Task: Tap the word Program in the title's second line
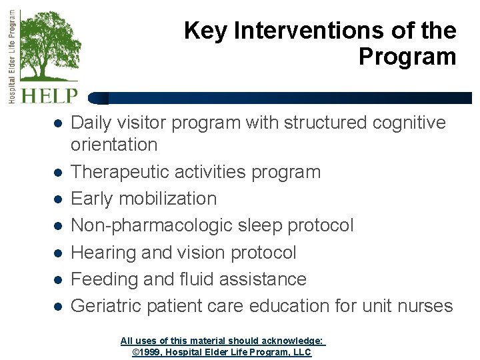pos(407,57)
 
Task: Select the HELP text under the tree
pos(49,96)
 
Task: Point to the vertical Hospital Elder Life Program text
pos(11,56)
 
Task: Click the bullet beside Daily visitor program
pos(58,124)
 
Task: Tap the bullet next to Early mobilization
pos(58,199)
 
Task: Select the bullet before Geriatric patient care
pos(58,307)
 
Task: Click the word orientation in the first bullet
pos(114,145)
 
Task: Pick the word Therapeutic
pos(120,172)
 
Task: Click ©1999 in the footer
pos(146,351)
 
